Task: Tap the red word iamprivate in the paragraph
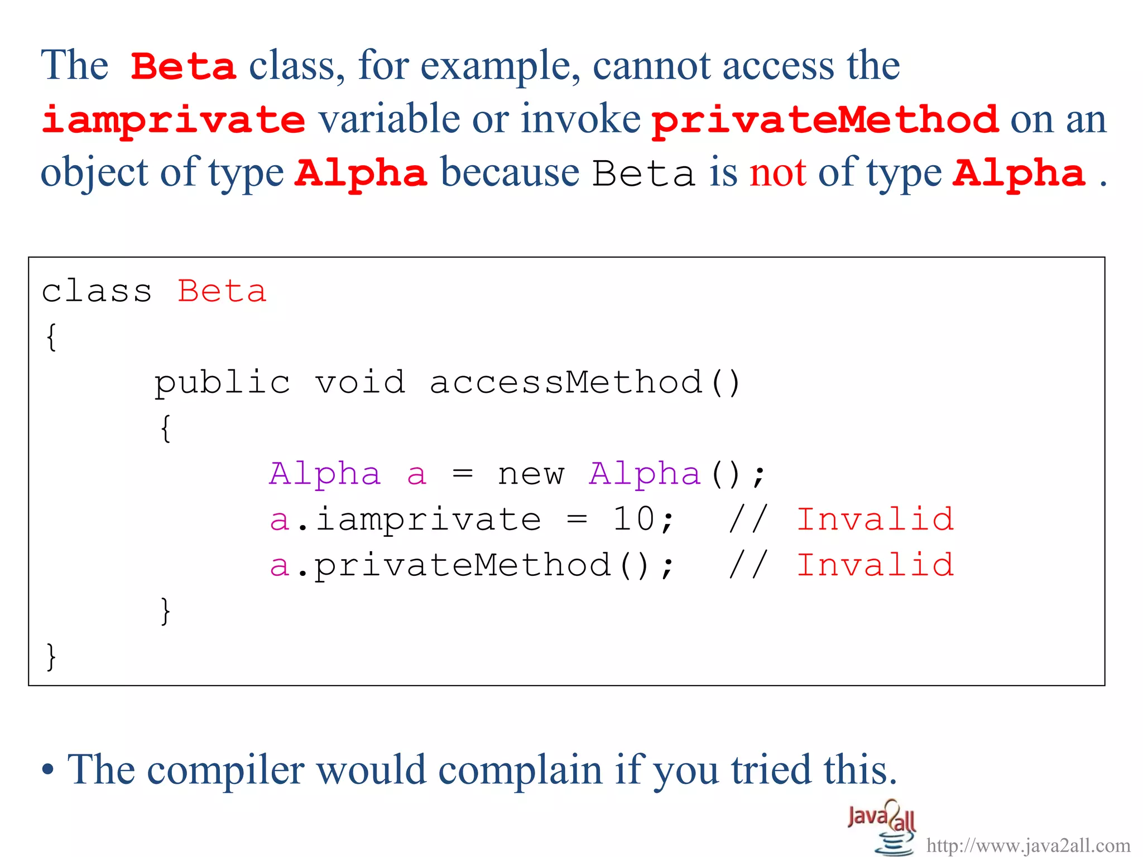[174, 121]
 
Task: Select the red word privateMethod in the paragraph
[824, 121]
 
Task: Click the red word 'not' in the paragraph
[777, 173]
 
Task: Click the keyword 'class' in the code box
[97, 292]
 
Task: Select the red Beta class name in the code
[222, 292]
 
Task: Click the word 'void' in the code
[360, 383]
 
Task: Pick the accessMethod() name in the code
[584, 383]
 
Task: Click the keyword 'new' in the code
[531, 475]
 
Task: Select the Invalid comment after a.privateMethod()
[875, 565]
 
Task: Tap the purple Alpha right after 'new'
[645, 475]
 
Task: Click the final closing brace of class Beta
[51, 657]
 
